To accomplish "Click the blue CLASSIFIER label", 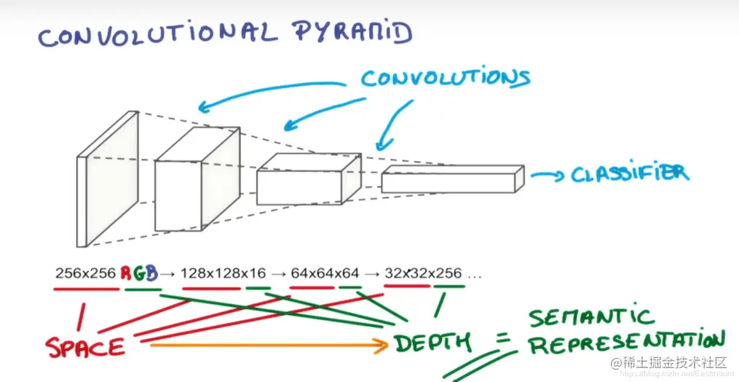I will point(628,174).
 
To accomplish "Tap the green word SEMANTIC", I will point(591,318).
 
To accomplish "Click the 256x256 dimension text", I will point(85,274).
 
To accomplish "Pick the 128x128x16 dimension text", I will point(223,274).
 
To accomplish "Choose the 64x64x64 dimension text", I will point(325,274).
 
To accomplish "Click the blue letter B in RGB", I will point(152,274).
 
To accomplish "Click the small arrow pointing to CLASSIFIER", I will point(547,175).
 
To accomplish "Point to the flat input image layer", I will point(107,179).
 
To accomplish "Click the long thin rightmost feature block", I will point(451,179).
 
